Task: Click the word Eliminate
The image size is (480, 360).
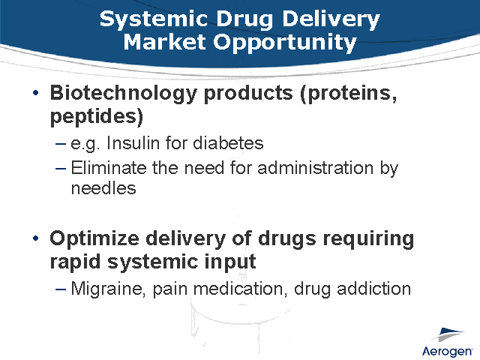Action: (108, 168)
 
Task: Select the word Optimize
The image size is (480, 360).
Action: (95, 238)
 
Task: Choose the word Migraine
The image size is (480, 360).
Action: (105, 288)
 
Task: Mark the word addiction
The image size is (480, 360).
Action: (374, 288)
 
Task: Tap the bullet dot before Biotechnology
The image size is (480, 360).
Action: (36, 93)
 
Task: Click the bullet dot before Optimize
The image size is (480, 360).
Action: (36, 239)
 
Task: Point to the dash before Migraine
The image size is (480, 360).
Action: (61, 289)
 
